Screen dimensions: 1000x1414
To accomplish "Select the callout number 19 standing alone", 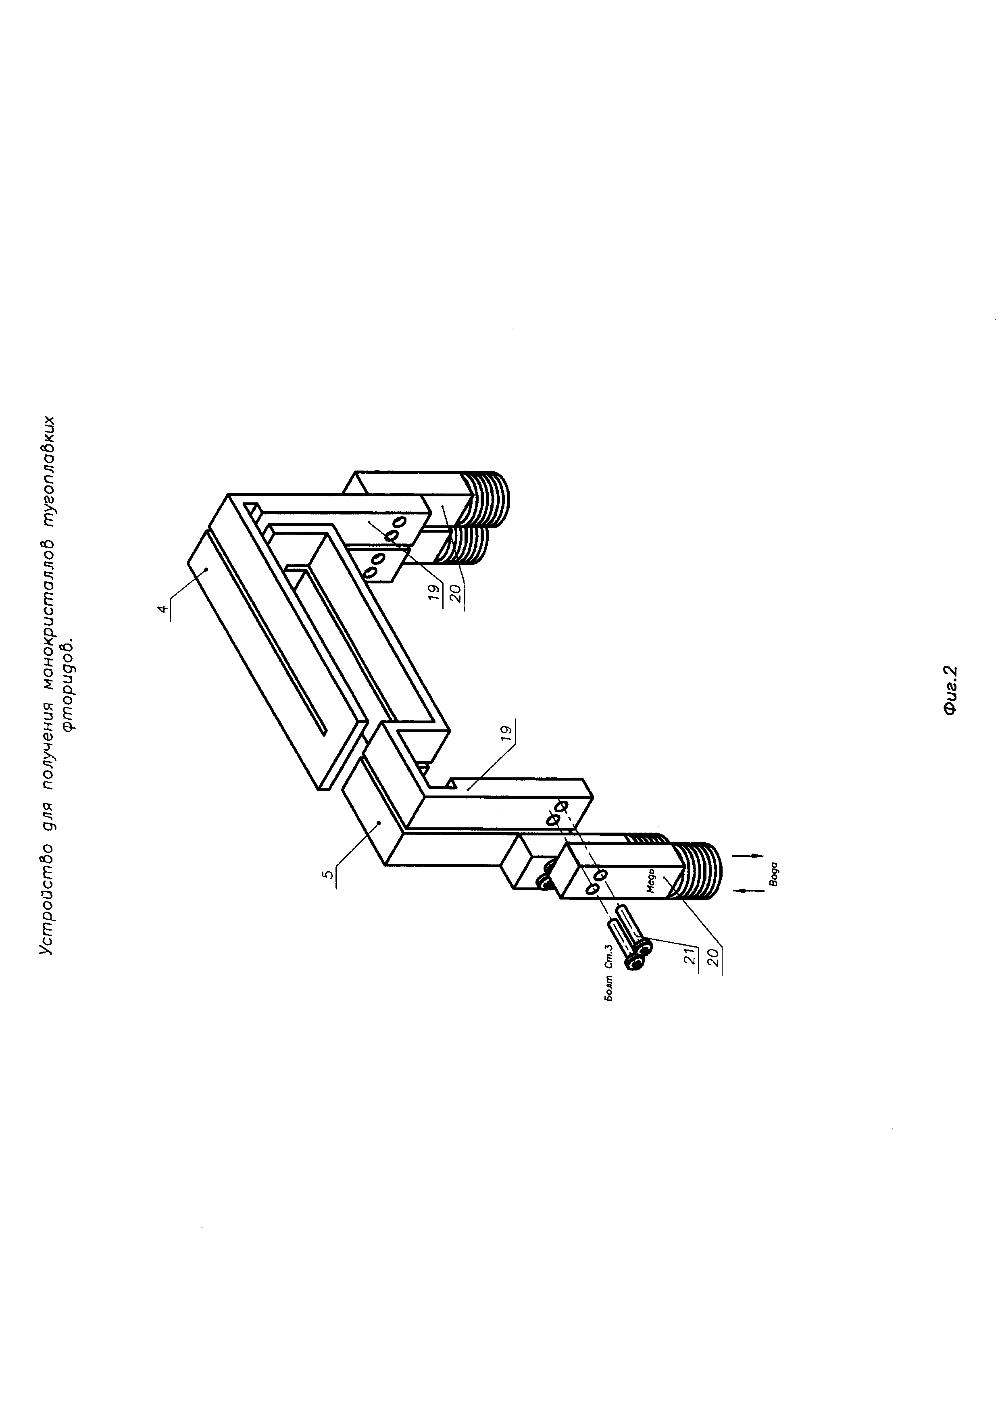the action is pyautogui.click(x=506, y=732).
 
